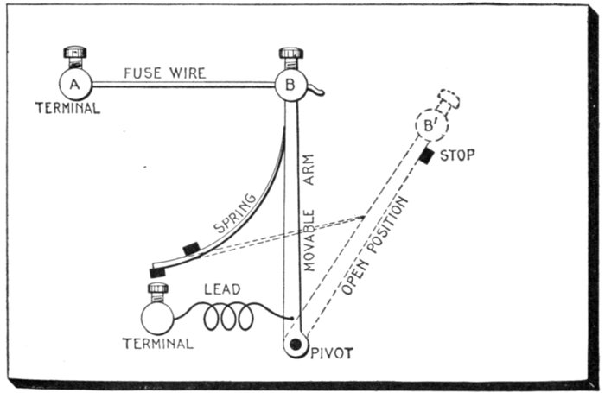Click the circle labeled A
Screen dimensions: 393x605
(x=75, y=84)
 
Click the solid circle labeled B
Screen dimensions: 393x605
(x=291, y=84)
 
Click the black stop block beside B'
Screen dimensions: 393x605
(x=425, y=155)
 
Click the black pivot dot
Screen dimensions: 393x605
(x=296, y=345)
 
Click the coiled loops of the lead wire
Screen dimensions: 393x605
(x=228, y=318)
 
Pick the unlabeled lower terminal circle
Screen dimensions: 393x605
(x=157, y=318)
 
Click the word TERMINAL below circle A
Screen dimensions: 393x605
(x=67, y=108)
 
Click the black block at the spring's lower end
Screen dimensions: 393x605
(x=157, y=271)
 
